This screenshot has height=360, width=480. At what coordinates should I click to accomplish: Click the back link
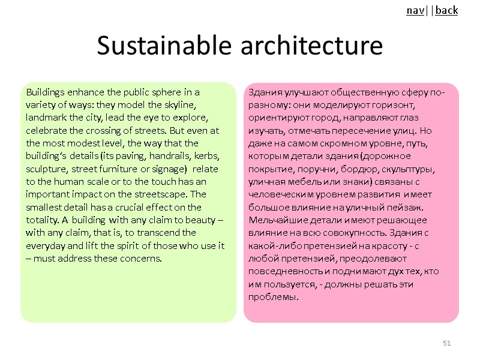[446, 11]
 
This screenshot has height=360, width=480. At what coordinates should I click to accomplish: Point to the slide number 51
[446, 343]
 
